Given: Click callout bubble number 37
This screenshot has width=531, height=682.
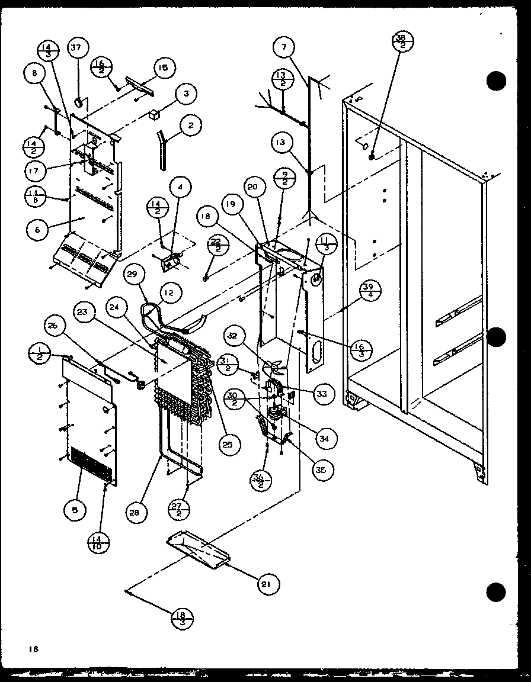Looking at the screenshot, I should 78,49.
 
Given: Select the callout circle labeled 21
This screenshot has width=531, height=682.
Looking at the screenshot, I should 267,584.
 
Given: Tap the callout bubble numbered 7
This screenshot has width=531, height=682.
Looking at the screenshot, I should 284,47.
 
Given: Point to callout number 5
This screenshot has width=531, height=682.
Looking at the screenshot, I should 75,510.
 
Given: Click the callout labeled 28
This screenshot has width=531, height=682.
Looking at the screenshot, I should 136,513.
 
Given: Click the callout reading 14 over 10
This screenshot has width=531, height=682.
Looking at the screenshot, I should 98,542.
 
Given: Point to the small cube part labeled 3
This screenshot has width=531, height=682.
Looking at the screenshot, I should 157,114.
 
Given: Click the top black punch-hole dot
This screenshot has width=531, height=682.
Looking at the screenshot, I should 496,81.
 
